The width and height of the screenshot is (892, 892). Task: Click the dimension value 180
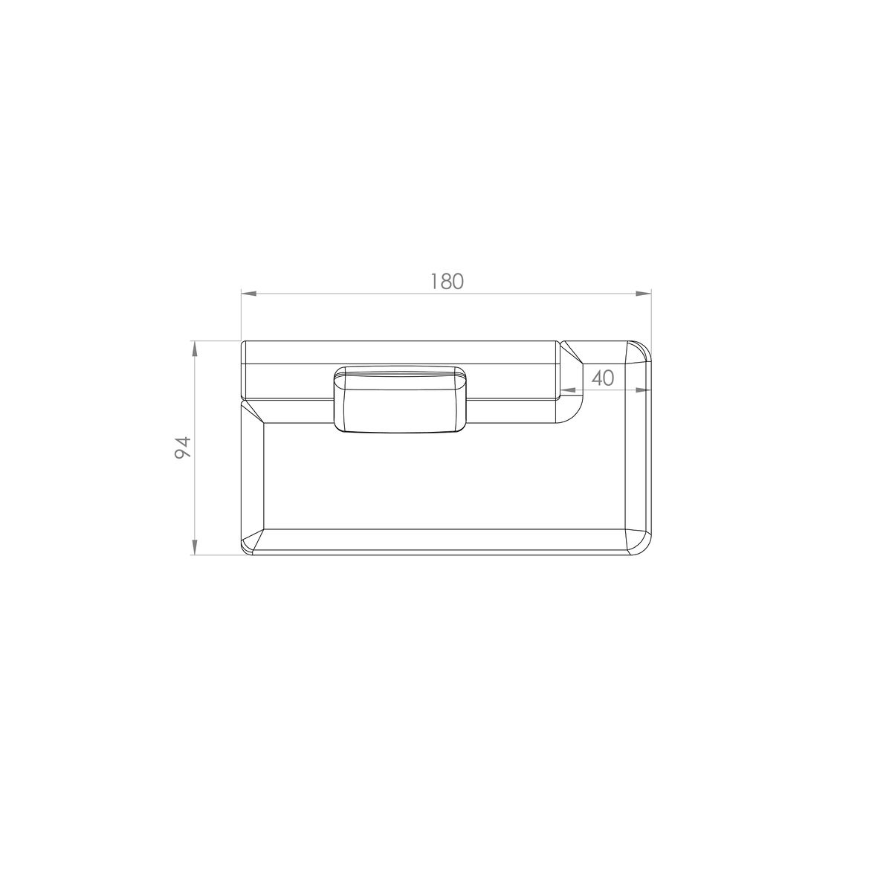[447, 282]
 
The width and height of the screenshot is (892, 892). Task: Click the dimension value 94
[182, 447]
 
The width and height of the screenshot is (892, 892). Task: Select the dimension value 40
[603, 378]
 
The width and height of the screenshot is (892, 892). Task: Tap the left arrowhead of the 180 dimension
[248, 294]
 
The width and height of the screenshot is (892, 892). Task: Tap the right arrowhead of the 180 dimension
[644, 294]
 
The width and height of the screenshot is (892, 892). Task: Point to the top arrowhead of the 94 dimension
[195, 349]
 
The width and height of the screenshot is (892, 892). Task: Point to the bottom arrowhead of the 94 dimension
[195, 546]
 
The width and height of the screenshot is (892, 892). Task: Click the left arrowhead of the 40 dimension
[568, 390]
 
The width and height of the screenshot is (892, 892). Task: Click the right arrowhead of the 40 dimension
[644, 390]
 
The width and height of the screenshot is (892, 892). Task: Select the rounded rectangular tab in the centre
[400, 399]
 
